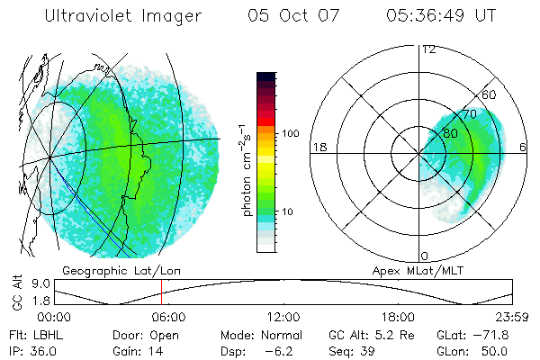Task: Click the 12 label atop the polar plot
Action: tap(429, 49)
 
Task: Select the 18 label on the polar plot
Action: tap(319, 147)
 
